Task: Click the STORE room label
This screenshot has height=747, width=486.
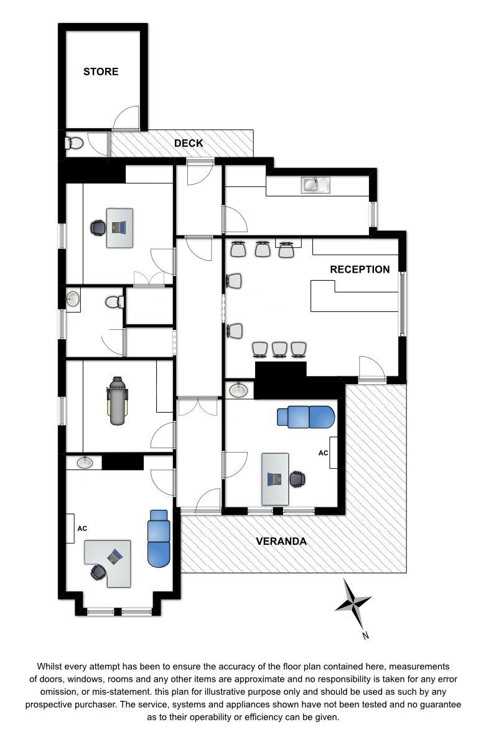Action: pos(101,72)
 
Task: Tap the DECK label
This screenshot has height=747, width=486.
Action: pos(189,143)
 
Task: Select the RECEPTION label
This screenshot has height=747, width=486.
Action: pos(360,270)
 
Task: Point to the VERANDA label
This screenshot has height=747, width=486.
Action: pos(281,541)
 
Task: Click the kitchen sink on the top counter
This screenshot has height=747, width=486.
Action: pos(315,185)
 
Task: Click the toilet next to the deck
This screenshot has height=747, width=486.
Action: pos(74,143)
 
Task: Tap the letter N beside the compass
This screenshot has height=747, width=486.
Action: pos(366,636)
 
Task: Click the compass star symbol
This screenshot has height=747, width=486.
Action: pos(353,603)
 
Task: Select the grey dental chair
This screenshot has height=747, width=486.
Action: pos(118,400)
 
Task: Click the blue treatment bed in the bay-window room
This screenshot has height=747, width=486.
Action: pos(159,538)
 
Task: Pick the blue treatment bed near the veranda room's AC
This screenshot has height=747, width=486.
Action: pos(306,417)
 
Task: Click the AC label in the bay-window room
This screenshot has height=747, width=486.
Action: pos(82,529)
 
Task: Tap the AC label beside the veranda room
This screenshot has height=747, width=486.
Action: pos(323,453)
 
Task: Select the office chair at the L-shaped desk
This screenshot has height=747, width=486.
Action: pos(98,572)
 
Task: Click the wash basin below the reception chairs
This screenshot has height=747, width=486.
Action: pos(239,390)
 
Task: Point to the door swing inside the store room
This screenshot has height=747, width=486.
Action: pos(126,118)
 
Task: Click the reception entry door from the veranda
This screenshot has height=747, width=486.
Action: pos(372,369)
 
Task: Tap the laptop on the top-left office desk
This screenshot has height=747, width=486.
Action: pos(119,227)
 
